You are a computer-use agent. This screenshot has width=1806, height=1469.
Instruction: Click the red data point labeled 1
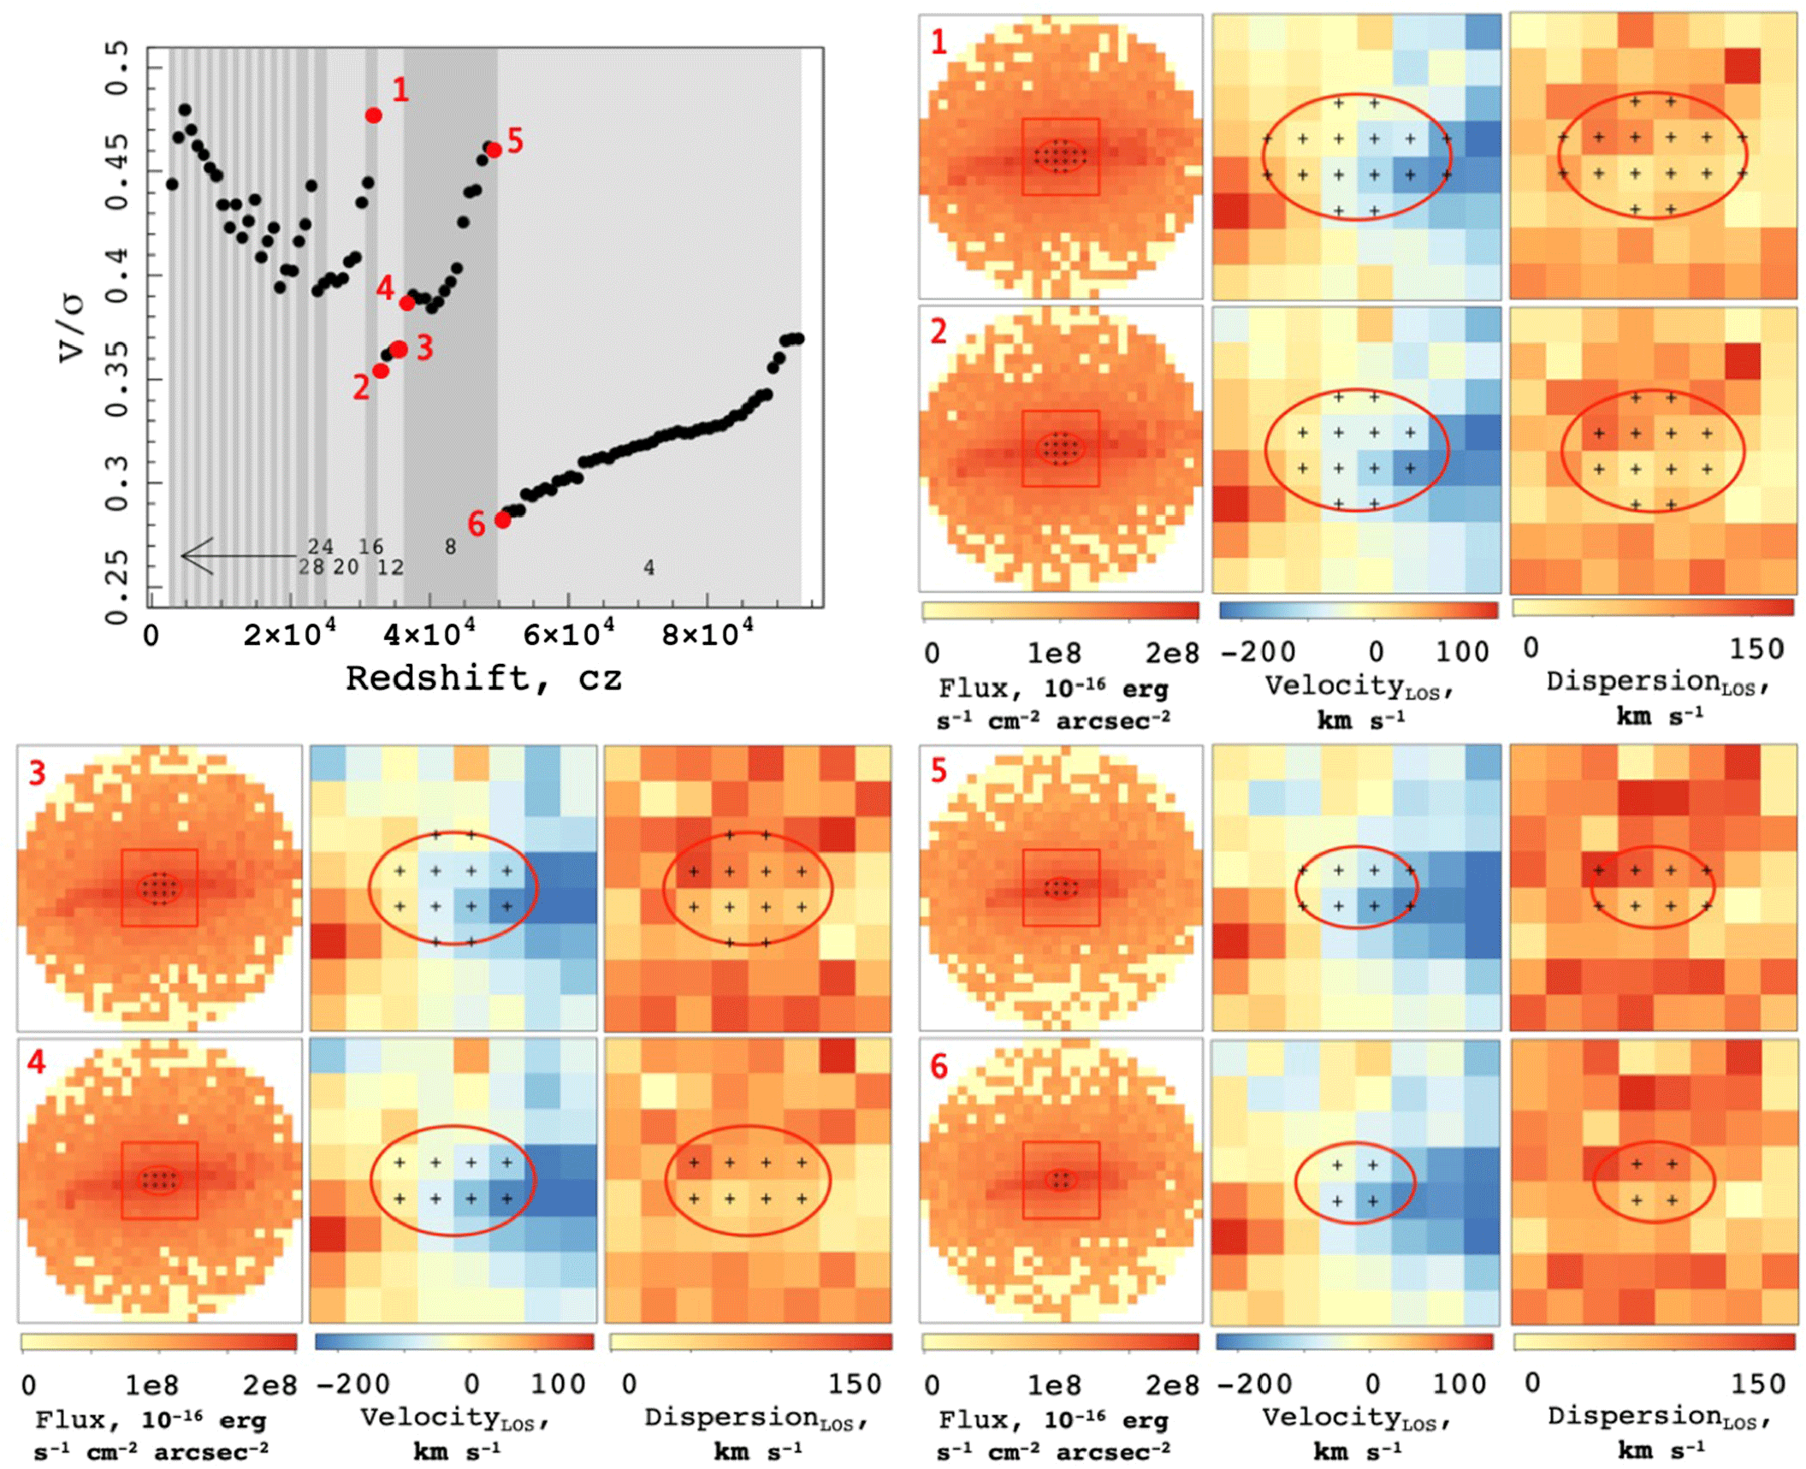point(374,116)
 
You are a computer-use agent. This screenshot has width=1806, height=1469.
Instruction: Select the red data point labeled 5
point(494,151)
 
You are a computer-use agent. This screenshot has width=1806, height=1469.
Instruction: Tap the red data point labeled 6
point(503,519)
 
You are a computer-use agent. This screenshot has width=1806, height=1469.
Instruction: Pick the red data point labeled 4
point(407,303)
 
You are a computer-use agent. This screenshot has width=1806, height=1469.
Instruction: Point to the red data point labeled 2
point(381,370)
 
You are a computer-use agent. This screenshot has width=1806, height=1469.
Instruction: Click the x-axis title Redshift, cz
point(483,678)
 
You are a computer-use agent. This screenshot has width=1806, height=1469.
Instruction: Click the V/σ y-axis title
point(73,328)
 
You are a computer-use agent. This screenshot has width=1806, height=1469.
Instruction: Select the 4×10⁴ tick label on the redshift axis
point(429,635)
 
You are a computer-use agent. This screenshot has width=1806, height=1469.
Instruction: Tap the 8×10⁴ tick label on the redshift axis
point(708,635)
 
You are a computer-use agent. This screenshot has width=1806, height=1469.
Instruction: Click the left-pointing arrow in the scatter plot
point(231,556)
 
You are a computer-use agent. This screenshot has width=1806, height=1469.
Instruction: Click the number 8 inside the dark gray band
point(450,547)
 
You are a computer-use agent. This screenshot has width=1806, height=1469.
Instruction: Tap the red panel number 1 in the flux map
point(939,42)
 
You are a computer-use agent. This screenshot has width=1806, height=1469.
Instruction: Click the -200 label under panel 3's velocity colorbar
point(352,1384)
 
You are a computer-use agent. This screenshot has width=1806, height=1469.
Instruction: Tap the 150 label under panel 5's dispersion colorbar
point(1758,1384)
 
